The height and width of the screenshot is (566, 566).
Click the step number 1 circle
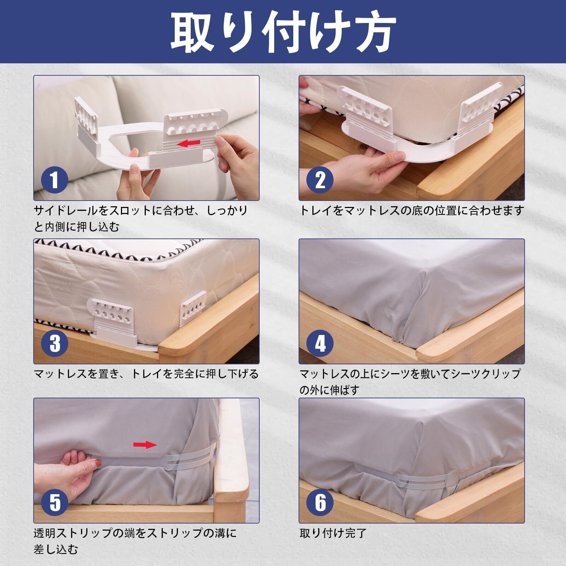pos(54,179)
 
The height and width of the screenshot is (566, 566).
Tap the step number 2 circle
pos(320,179)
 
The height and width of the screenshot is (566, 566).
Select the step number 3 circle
pos(54,342)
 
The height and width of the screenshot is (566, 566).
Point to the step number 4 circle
pos(320,342)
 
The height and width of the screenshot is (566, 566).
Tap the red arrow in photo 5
pos(145,445)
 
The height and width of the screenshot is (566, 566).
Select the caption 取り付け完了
pos(333,533)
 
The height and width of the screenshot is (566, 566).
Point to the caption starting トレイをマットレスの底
pos(411,211)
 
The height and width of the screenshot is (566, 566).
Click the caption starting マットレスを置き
pos(146,374)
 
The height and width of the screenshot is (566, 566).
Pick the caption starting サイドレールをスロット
pos(141,219)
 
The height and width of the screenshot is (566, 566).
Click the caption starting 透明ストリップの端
pos(135,541)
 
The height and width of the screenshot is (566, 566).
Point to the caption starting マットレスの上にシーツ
pos(410,382)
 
